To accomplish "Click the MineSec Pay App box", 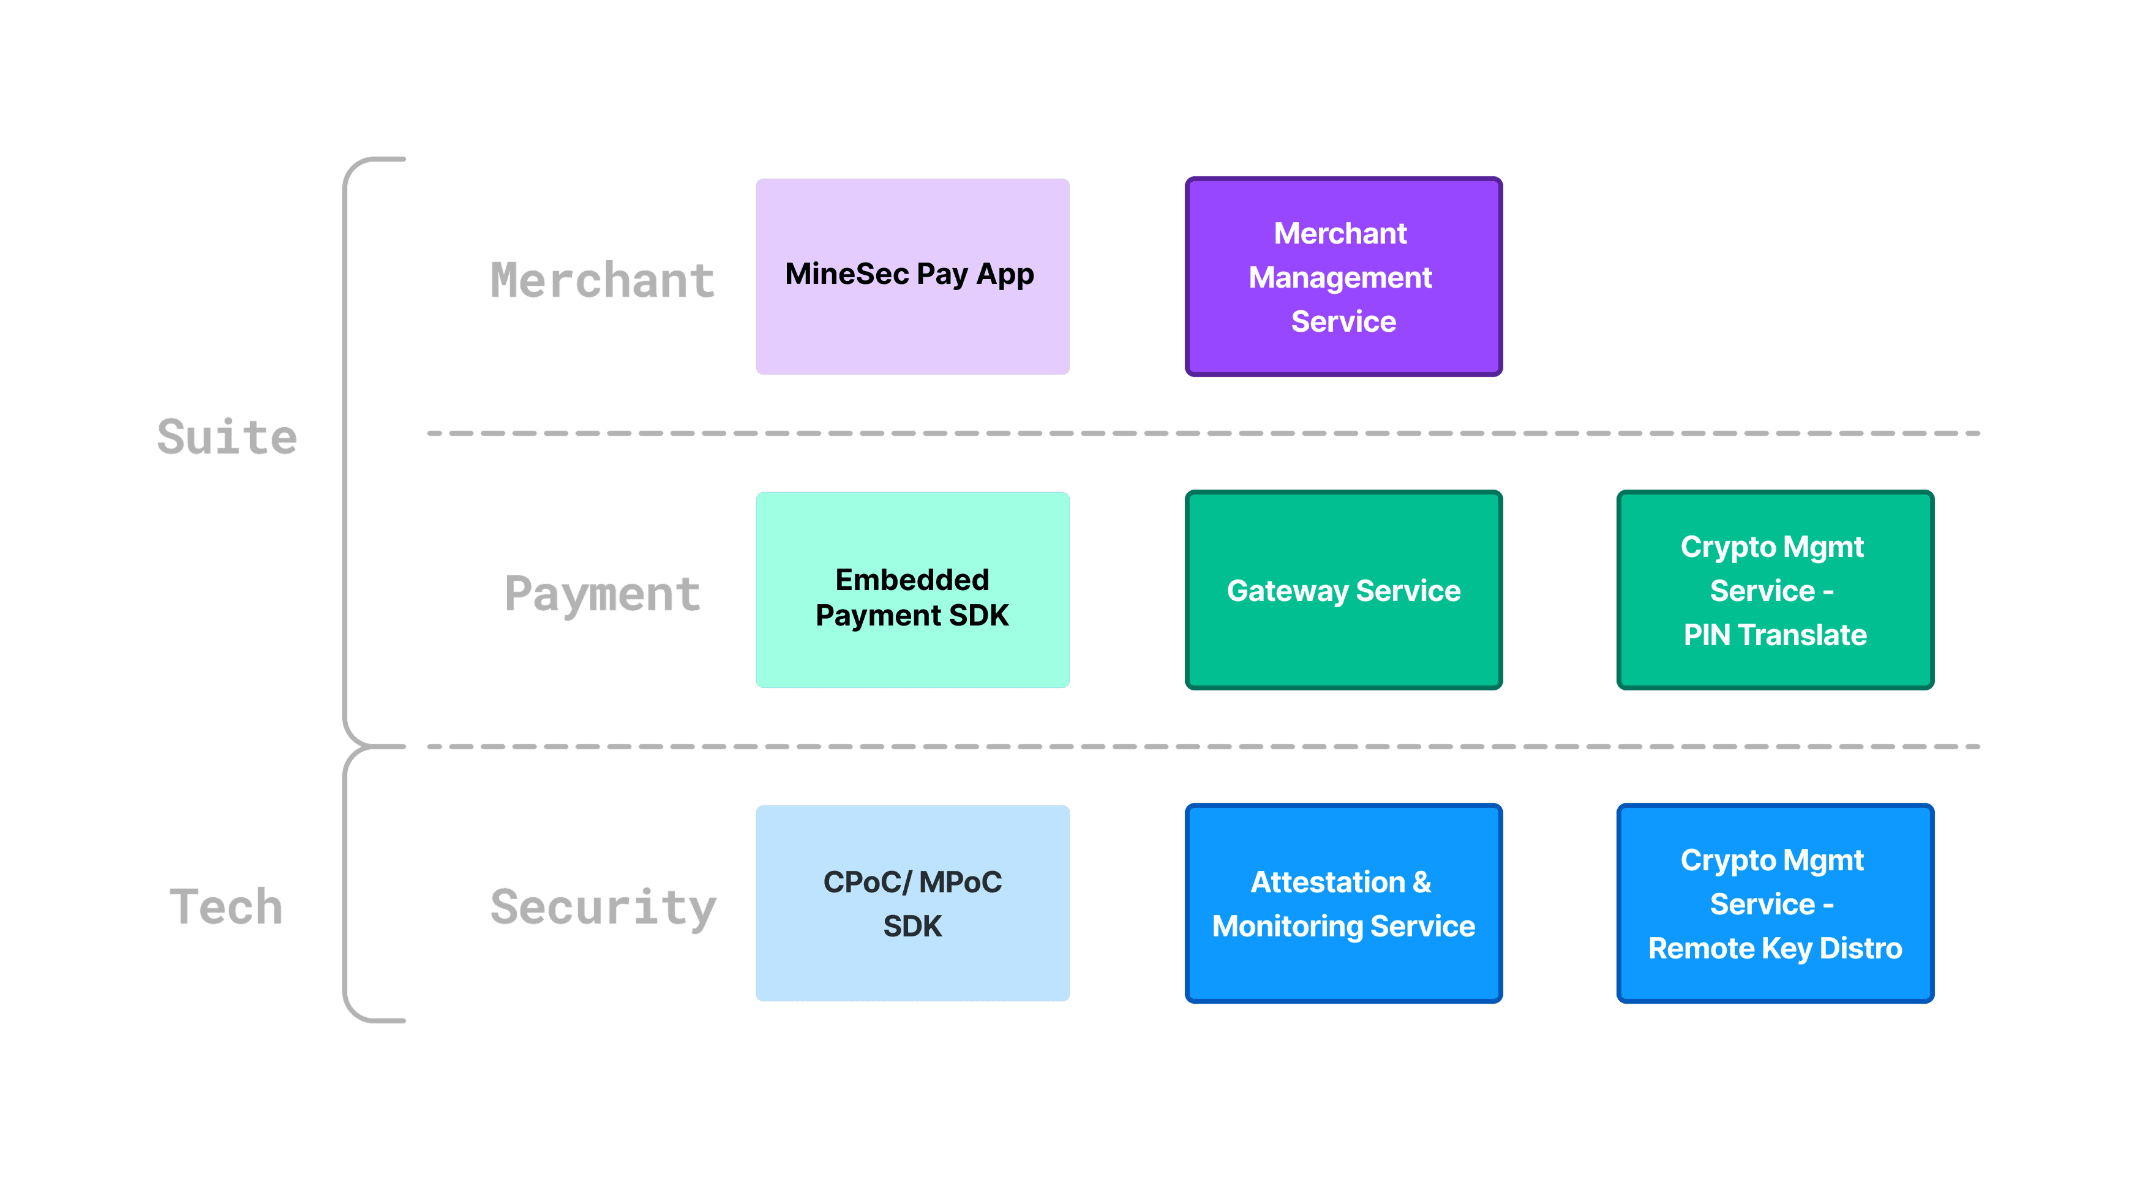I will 912,276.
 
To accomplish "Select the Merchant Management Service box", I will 1342,276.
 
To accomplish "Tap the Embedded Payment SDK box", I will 912,589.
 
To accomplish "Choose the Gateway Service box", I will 1342,589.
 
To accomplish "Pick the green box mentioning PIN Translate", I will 1775,589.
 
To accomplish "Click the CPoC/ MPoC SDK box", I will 912,903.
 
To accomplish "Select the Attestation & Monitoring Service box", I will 1342,903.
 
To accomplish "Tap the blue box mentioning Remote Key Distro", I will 1775,903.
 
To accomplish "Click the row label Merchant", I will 603,280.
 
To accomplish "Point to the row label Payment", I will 603,594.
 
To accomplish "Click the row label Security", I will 603,907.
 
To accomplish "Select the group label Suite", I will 227,437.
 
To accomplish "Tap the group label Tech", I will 227,906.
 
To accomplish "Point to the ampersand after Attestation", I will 1421,883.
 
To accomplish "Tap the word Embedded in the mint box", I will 912,580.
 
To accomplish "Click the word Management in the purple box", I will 1340,278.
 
